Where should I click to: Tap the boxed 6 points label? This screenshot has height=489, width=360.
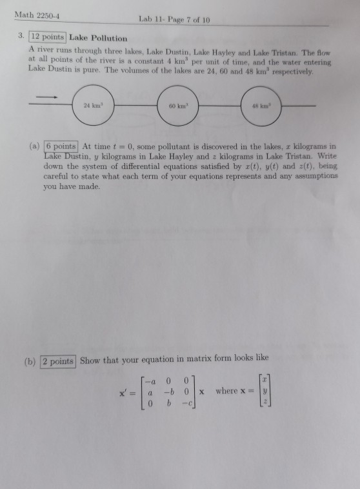[x=61, y=148]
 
